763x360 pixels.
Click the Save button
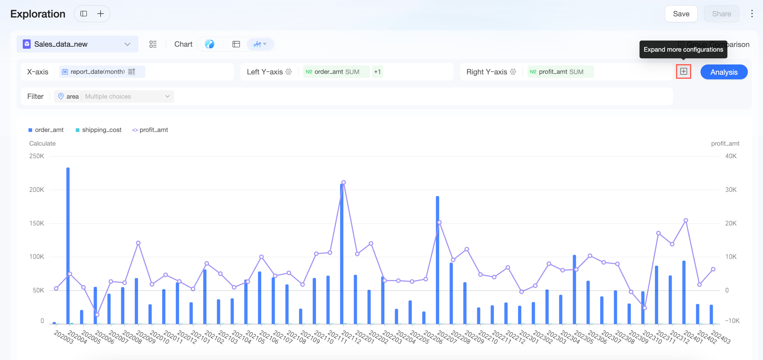click(681, 14)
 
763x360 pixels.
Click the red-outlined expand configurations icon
click(683, 72)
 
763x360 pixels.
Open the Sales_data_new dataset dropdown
click(77, 44)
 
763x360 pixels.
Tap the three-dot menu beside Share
click(752, 14)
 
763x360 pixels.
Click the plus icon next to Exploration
click(101, 14)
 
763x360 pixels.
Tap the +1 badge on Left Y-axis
click(377, 72)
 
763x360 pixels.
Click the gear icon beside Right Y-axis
click(513, 72)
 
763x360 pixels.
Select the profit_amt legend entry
click(150, 130)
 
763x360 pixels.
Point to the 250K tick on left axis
click(36, 156)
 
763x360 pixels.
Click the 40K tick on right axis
click(731, 156)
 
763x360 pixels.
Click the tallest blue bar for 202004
click(68, 246)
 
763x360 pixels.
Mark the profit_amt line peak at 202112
click(344, 182)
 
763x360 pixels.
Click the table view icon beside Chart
click(236, 44)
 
